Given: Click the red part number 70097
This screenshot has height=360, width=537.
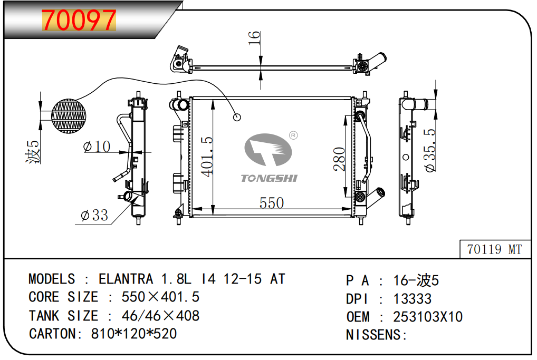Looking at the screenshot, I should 79,20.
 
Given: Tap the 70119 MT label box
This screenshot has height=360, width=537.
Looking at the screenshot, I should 493,249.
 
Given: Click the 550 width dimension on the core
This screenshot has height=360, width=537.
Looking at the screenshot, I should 272,203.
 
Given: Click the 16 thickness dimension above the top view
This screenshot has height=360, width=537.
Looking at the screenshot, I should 255,37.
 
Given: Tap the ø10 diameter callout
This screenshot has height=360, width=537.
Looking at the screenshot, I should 97,147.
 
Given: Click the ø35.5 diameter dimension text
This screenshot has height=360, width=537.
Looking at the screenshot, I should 430,150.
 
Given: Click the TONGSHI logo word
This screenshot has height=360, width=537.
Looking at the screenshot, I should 269,178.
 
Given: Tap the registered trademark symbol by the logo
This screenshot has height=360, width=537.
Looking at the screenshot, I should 294,135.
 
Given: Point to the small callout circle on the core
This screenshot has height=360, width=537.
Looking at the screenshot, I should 237,117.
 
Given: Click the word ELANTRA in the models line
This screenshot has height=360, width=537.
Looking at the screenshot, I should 126,279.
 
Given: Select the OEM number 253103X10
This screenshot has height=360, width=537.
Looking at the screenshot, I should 428,317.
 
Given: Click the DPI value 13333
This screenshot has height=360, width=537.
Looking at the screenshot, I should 413,299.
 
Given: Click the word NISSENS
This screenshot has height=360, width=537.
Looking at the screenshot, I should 375,335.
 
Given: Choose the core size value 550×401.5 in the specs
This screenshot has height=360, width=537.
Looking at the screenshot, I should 160,297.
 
